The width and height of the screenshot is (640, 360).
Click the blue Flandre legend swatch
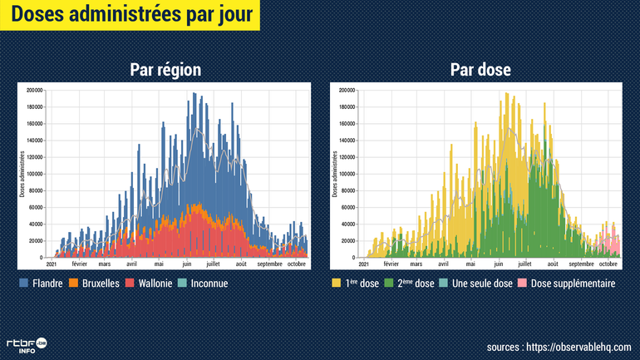tap(23, 284)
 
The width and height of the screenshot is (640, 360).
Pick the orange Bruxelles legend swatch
tap(75, 284)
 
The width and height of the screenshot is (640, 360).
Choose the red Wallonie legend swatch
tap(130, 284)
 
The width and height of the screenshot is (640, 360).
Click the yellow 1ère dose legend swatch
tap(337, 284)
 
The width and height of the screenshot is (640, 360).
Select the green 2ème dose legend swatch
tap(391, 284)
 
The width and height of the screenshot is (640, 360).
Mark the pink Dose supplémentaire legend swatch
tap(523, 284)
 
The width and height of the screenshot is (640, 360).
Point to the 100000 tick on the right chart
tap(347, 174)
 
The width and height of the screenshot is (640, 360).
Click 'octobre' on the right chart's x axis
tap(608, 264)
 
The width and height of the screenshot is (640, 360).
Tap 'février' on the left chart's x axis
tap(79, 264)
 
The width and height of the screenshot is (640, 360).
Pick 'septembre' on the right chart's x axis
tap(580, 264)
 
